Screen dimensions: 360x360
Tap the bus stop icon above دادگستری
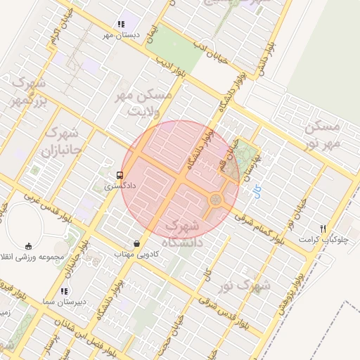119,174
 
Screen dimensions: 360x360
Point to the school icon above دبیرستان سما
64,290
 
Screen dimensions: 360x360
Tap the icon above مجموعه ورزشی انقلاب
28,246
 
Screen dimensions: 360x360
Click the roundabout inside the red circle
215,200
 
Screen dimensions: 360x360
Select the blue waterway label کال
257,190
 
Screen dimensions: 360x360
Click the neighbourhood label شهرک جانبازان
62,141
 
